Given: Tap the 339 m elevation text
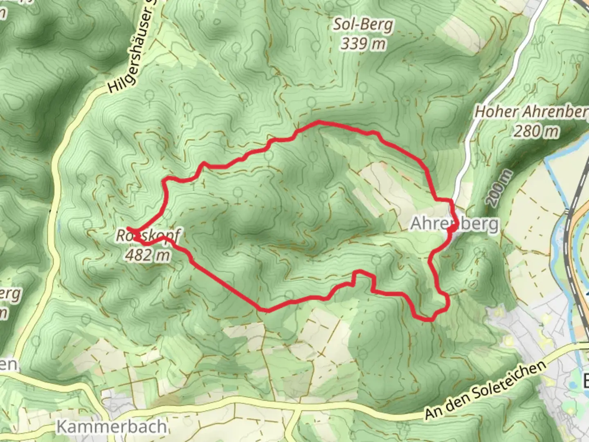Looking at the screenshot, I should [363, 43].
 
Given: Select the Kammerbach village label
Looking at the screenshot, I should [111, 426].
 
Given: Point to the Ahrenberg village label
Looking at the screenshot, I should [454, 224].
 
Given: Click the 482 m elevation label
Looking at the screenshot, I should [147, 255].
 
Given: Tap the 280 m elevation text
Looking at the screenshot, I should [536, 131].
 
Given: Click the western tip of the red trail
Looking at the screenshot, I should [128, 228].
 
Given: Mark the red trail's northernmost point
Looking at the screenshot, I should [318, 122].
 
